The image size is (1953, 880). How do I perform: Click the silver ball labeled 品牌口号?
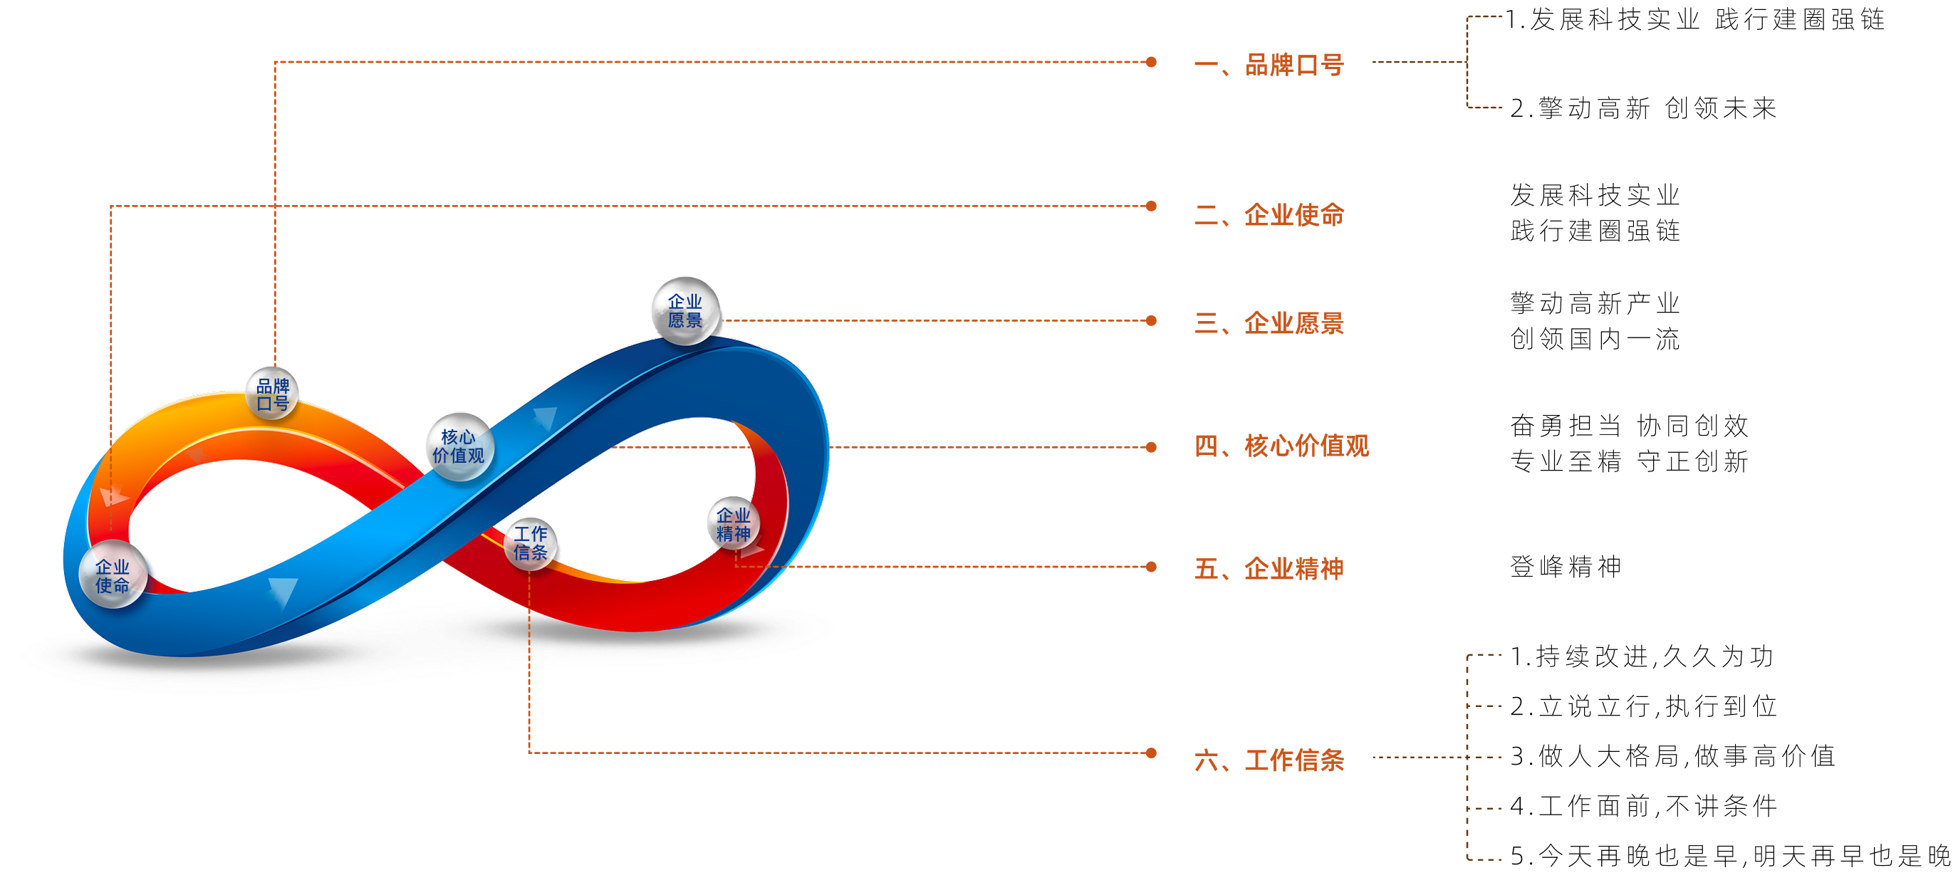(x=272, y=394)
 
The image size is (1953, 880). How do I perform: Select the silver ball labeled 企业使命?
(x=113, y=575)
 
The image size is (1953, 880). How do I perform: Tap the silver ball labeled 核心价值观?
(x=459, y=446)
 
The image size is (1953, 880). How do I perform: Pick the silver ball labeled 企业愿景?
(x=685, y=310)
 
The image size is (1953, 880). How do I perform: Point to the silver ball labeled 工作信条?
(x=531, y=543)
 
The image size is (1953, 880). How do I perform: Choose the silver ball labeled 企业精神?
(x=734, y=523)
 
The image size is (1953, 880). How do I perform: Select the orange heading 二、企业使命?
(x=1269, y=215)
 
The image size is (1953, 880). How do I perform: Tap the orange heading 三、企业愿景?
(x=1269, y=324)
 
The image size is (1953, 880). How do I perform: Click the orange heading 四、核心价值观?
(x=1281, y=446)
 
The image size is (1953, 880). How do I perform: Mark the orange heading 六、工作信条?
(x=1269, y=760)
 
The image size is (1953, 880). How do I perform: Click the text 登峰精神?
(x=1566, y=567)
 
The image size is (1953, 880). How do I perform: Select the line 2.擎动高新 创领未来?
(x=1643, y=108)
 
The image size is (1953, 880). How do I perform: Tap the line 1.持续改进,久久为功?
(x=1642, y=656)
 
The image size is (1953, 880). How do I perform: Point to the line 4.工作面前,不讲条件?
(x=1643, y=806)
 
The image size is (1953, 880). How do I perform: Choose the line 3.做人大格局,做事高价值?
(x=1672, y=756)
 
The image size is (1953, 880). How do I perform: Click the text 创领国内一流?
(x=1595, y=339)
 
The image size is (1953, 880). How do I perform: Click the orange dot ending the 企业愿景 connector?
(x=1151, y=320)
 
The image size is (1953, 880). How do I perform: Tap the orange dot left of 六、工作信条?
(x=1151, y=753)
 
